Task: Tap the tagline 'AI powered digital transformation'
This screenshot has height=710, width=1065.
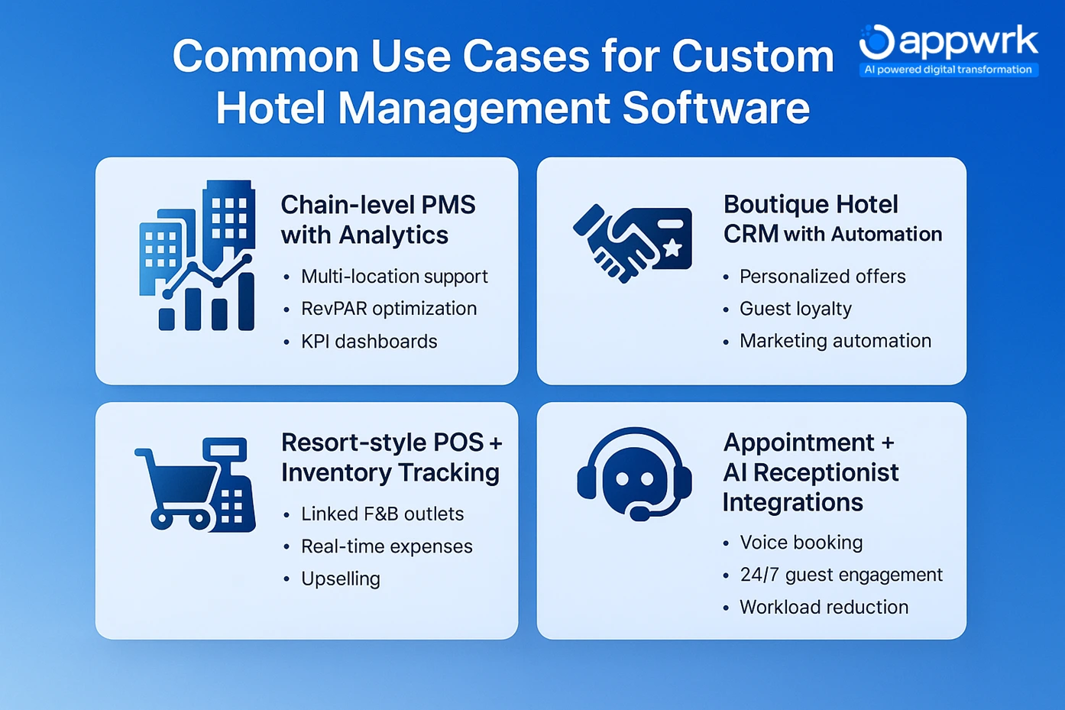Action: (x=947, y=70)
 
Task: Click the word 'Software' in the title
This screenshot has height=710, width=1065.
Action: (x=716, y=108)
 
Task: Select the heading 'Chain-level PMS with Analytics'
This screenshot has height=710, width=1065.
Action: (x=377, y=219)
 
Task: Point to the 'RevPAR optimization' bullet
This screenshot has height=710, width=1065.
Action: (x=388, y=309)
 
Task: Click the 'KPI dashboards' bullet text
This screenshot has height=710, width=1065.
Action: (x=369, y=342)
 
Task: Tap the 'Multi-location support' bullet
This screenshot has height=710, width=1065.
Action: (x=394, y=277)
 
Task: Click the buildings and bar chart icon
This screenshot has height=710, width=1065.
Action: (x=197, y=256)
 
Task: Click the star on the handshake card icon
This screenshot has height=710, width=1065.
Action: (x=672, y=247)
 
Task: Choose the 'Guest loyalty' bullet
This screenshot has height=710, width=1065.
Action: (x=795, y=309)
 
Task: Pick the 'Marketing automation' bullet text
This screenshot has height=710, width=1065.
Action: (x=835, y=341)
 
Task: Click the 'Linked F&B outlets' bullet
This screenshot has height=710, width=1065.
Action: (x=382, y=514)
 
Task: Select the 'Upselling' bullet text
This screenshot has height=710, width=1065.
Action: (x=340, y=579)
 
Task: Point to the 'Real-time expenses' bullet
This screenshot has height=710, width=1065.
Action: (x=387, y=546)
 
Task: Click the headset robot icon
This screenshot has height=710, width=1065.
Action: (x=634, y=474)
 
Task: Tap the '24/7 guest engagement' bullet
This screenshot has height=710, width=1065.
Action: (x=841, y=575)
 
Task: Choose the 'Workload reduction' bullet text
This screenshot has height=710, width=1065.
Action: (x=824, y=608)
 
